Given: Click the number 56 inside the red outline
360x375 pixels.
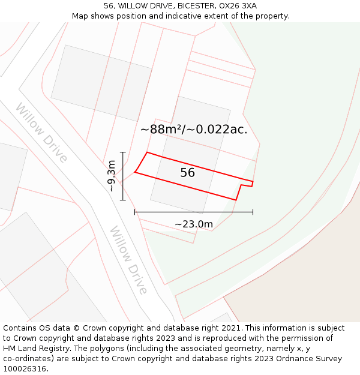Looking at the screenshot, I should click(188, 173).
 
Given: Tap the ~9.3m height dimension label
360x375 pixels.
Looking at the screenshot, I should click(112, 176).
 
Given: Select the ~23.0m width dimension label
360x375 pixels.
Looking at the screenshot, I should click(194, 224).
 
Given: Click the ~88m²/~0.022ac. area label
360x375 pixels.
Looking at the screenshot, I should click(194, 129).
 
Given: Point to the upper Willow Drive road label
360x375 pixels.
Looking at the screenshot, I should click(41, 132).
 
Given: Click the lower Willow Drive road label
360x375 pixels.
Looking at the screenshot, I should click(128, 260).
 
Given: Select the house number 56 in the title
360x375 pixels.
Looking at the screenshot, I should click(108, 6).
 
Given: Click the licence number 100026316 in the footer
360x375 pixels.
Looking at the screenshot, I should click(25, 369).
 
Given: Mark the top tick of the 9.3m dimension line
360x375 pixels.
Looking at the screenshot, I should click(122, 152).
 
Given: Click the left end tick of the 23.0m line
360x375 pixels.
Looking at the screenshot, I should click(135, 212).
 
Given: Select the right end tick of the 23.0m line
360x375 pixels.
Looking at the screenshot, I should click(253, 212).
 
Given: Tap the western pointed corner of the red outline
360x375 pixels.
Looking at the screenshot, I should click(135, 172).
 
